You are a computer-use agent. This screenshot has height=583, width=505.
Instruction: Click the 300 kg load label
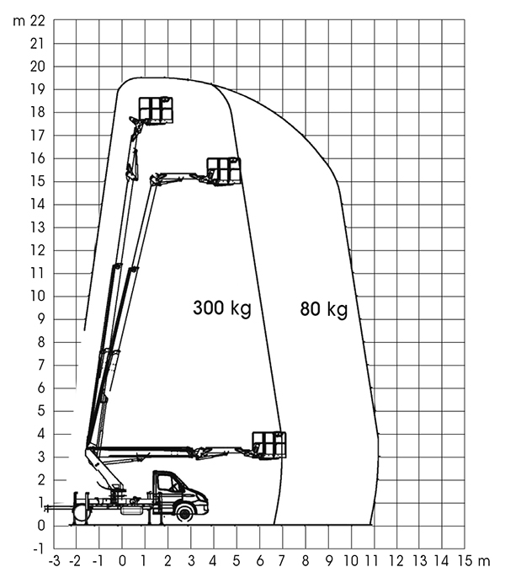(x=222, y=308)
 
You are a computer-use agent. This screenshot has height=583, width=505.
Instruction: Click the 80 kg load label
(x=324, y=309)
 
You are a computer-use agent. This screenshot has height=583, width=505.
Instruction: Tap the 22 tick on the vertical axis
(x=38, y=21)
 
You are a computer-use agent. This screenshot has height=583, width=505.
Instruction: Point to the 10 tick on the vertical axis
(x=38, y=297)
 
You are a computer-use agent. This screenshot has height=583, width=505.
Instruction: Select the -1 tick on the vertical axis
(x=38, y=548)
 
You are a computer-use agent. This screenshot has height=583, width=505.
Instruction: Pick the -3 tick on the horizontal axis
(x=54, y=561)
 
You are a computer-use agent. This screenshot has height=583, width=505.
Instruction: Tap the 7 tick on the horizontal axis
(x=283, y=561)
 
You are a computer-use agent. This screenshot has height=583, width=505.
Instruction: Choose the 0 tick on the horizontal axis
(x=122, y=561)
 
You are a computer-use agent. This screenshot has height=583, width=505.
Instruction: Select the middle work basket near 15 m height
(x=224, y=171)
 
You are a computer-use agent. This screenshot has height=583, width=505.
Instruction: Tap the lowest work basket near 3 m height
(x=269, y=445)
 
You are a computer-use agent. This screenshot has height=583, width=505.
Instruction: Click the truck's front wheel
(x=184, y=513)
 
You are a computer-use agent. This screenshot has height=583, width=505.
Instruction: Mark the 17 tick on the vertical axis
(x=38, y=136)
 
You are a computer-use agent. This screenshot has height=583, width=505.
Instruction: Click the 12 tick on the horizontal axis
(x=396, y=561)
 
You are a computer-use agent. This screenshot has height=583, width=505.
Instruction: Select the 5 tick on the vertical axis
(x=41, y=411)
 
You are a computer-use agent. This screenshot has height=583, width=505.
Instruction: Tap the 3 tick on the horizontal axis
(x=191, y=561)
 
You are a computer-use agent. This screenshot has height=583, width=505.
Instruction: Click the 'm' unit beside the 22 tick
(x=19, y=22)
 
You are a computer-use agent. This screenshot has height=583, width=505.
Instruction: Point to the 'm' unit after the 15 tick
(x=484, y=561)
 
